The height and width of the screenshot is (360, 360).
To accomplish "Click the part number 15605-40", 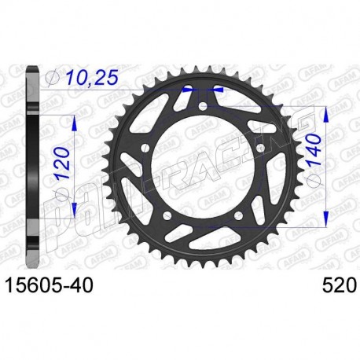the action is pos(50,285).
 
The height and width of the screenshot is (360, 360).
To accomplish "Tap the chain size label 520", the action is pos(340,285).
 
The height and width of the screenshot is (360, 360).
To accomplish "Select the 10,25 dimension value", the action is pos(91,78).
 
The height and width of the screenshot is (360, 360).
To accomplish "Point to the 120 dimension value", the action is pos(63,163).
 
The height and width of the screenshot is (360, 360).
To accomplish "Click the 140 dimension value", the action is pos(314,149).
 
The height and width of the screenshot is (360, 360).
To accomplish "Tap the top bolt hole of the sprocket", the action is pos(203,106).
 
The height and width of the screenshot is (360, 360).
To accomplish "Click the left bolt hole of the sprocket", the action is pos(145,149).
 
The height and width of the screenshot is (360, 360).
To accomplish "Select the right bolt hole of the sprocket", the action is pos(261,148).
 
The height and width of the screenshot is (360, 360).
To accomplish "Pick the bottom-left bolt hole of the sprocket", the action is pos(167,216).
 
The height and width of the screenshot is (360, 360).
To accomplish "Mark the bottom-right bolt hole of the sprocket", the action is pos(239,216).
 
